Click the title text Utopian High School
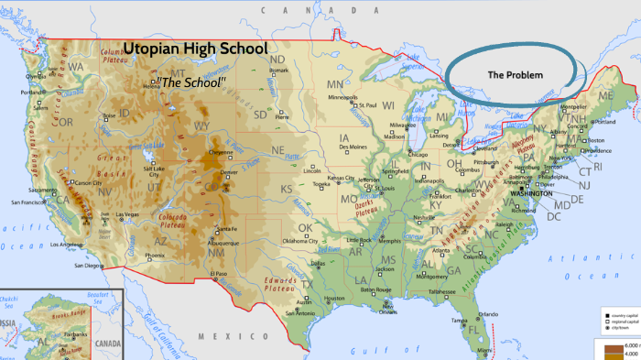(x=195, y=49)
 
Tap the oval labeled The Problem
(x=515, y=74)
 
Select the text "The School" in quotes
(x=191, y=82)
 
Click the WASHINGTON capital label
(x=531, y=194)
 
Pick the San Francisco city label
(x=29, y=202)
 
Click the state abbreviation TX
(x=308, y=284)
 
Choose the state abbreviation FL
(x=474, y=328)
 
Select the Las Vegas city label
(x=128, y=214)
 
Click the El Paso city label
(x=218, y=273)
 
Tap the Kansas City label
(x=342, y=177)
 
